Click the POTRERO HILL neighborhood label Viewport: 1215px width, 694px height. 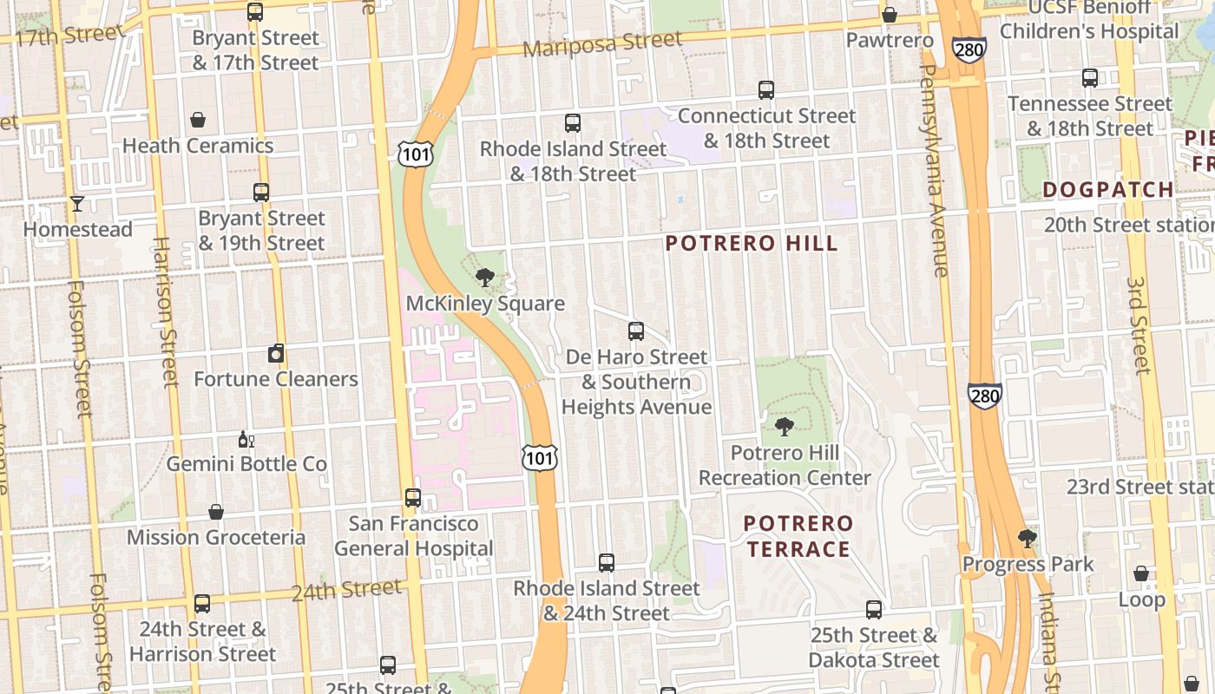tap(752, 243)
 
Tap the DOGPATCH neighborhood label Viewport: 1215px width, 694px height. tap(1107, 189)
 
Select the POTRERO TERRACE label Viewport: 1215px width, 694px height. tap(798, 536)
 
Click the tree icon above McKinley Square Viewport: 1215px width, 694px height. tap(485, 278)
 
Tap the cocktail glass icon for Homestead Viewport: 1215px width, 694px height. tap(77, 204)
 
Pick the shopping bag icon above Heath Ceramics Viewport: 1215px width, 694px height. tap(198, 120)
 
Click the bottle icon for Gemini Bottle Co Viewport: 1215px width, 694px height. tap(246, 440)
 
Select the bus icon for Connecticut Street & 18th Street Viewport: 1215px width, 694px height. tap(765, 90)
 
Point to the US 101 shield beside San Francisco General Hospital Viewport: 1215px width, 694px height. tap(539, 457)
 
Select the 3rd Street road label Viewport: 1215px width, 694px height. tap(1139, 325)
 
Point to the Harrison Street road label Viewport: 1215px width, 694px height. tap(164, 312)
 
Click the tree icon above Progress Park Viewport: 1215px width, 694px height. tap(1028, 538)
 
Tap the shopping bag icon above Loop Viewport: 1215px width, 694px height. tap(1141, 574)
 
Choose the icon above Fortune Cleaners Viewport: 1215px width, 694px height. tap(276, 353)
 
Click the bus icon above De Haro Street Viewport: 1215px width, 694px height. tap(636, 331)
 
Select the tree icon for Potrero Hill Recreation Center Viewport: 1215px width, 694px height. tap(784, 427)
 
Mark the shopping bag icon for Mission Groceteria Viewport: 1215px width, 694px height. tap(216, 512)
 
